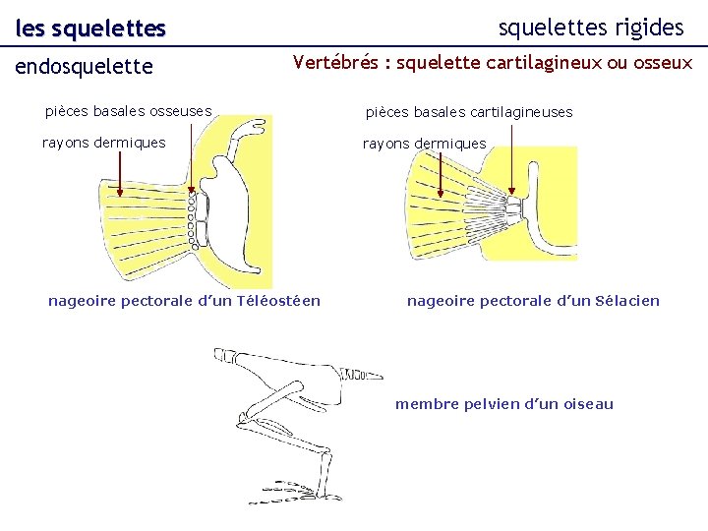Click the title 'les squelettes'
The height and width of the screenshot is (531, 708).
[90, 29]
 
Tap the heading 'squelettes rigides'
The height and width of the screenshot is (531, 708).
[591, 28]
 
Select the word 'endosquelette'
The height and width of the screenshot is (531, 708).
[85, 67]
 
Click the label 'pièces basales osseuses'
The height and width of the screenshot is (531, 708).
[128, 111]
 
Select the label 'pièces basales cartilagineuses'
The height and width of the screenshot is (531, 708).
[469, 112]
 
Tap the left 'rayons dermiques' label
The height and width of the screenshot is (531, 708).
[103, 143]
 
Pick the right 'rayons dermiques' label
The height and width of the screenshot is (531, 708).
[424, 144]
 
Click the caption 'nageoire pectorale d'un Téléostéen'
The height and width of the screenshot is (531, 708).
[184, 300]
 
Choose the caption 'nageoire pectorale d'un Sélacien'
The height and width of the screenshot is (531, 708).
[533, 300]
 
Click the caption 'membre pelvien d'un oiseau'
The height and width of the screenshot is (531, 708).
[503, 403]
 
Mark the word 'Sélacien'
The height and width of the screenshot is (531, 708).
[626, 300]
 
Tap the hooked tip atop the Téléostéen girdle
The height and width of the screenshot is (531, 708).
[258, 126]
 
